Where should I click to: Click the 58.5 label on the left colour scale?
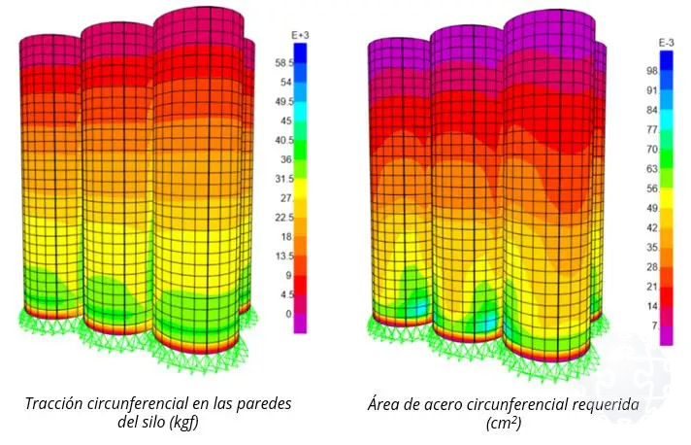tap(284, 63)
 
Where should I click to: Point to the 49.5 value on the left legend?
tap(284, 102)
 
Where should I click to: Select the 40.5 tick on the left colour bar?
tap(284, 141)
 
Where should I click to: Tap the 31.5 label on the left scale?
tap(284, 179)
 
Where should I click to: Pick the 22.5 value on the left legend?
tap(284, 218)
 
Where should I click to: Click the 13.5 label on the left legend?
tap(284, 257)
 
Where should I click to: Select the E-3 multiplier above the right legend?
tap(667, 44)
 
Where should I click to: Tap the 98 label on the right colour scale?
tap(651, 71)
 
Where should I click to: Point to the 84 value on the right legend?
tap(651, 110)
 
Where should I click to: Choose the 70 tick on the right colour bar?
tap(651, 150)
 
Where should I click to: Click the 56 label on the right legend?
tap(651, 188)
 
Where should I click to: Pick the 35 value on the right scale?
tap(651, 248)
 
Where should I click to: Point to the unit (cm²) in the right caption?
tap(504, 424)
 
